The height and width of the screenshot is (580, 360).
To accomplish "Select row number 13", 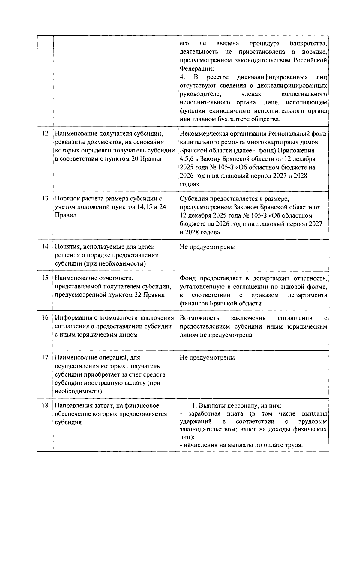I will tap(45, 199).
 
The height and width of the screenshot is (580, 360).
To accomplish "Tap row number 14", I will tap(45, 247).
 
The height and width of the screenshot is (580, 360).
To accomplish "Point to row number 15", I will tap(45, 278).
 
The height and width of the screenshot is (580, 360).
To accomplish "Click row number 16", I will tap(45, 318).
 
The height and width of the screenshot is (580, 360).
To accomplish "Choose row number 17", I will tap(45, 358).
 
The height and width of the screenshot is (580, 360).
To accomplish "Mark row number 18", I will tap(45, 406).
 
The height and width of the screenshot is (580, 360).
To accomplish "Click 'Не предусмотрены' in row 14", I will tap(207, 247).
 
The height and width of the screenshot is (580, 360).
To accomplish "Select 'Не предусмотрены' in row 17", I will tap(207, 358).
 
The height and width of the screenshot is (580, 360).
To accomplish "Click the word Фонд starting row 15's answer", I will tap(187, 278).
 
